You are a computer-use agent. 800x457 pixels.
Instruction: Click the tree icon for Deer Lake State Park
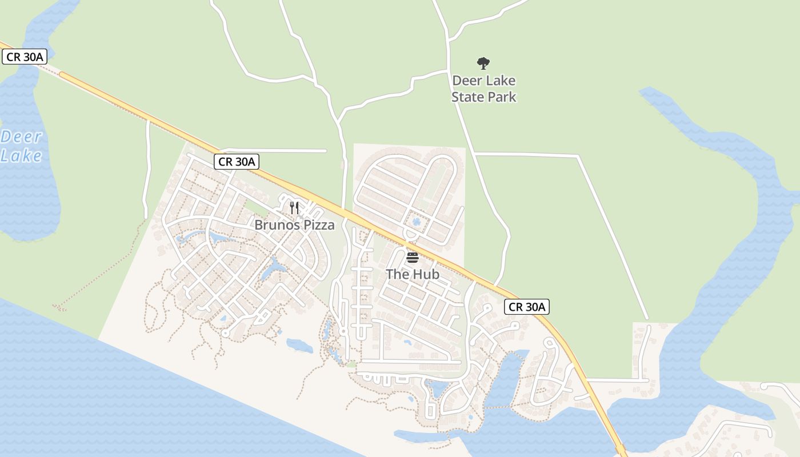pyautogui.click(x=483, y=63)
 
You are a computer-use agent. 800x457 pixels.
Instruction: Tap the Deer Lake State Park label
pyautogui.click(x=483, y=89)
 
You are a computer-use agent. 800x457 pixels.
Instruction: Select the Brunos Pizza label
pyautogui.click(x=294, y=225)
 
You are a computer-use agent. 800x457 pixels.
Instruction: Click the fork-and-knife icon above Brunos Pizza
pyautogui.click(x=294, y=207)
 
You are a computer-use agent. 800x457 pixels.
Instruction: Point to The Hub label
pyautogui.click(x=413, y=274)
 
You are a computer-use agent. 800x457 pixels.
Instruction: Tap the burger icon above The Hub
pyautogui.click(x=413, y=258)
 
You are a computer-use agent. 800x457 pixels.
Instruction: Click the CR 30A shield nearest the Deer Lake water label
pyautogui.click(x=24, y=57)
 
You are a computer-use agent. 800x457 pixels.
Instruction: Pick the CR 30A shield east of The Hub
pyautogui.click(x=527, y=307)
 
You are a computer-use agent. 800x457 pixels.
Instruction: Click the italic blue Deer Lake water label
pyautogui.click(x=21, y=146)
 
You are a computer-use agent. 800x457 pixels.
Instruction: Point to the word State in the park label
pyautogui.click(x=470, y=97)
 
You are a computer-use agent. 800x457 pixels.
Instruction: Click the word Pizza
pyautogui.click(x=319, y=225)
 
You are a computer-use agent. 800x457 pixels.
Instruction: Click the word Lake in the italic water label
pyautogui.click(x=21, y=155)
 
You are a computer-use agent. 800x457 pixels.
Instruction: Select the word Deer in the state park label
pyautogui.click(x=467, y=81)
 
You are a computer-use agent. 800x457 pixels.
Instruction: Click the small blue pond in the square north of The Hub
pyautogui.click(x=416, y=221)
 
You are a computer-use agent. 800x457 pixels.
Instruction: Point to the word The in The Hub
pyautogui.click(x=397, y=274)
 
